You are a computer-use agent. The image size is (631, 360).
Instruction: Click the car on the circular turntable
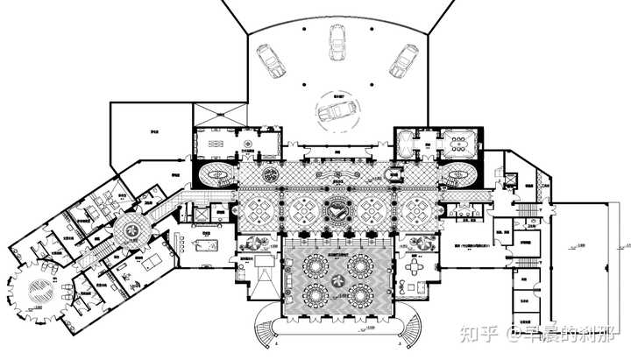[x=335, y=112]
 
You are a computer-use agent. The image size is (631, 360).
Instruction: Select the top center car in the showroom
[x=336, y=41]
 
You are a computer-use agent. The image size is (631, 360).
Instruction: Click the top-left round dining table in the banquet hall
[x=313, y=262]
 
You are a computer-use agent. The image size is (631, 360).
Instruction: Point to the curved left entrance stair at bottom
[x=266, y=332]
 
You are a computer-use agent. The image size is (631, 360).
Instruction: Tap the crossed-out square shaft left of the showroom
[x=210, y=113]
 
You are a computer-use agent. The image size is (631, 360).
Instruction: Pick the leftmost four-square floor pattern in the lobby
[x=260, y=209]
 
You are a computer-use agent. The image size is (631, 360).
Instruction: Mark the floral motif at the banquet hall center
[x=337, y=276]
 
